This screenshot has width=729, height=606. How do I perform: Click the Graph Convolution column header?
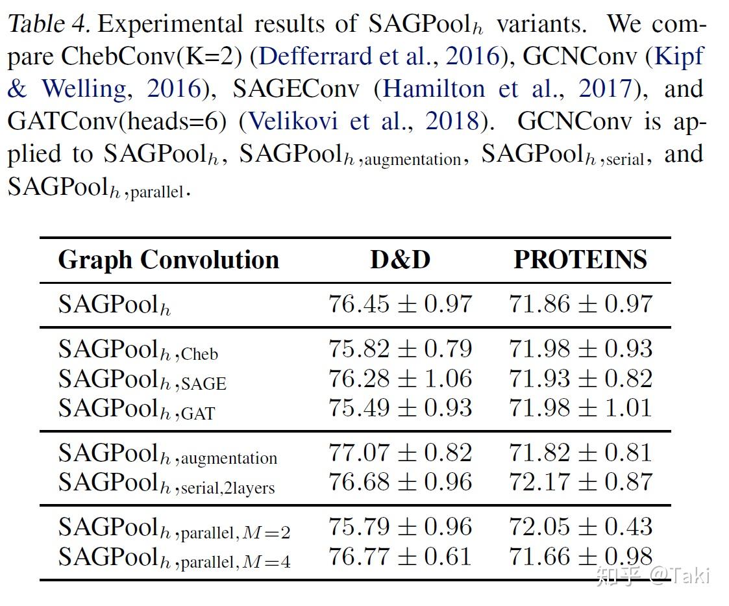click(x=168, y=260)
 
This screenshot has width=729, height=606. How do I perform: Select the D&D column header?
click(x=400, y=260)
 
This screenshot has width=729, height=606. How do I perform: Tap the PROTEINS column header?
click(x=580, y=260)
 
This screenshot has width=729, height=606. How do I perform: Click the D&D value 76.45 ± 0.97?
click(x=400, y=304)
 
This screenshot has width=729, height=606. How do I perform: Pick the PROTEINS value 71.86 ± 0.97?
click(x=580, y=304)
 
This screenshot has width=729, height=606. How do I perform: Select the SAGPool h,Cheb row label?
click(x=138, y=350)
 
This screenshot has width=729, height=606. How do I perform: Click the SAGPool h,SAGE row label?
click(x=142, y=380)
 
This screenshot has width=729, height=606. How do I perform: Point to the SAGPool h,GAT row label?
click(x=136, y=409)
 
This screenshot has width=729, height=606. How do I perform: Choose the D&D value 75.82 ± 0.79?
click(x=400, y=349)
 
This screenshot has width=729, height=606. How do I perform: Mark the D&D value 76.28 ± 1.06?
click(x=400, y=379)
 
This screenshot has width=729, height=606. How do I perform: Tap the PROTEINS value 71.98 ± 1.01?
click(x=580, y=408)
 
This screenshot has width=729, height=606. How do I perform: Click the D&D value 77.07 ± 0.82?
click(x=400, y=453)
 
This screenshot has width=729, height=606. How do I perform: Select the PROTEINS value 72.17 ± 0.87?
click(x=580, y=482)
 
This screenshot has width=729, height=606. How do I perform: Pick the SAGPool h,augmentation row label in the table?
click(x=167, y=454)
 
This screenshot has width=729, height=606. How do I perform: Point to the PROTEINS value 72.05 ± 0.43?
click(x=580, y=527)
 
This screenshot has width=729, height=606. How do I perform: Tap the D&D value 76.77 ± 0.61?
click(x=400, y=557)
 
